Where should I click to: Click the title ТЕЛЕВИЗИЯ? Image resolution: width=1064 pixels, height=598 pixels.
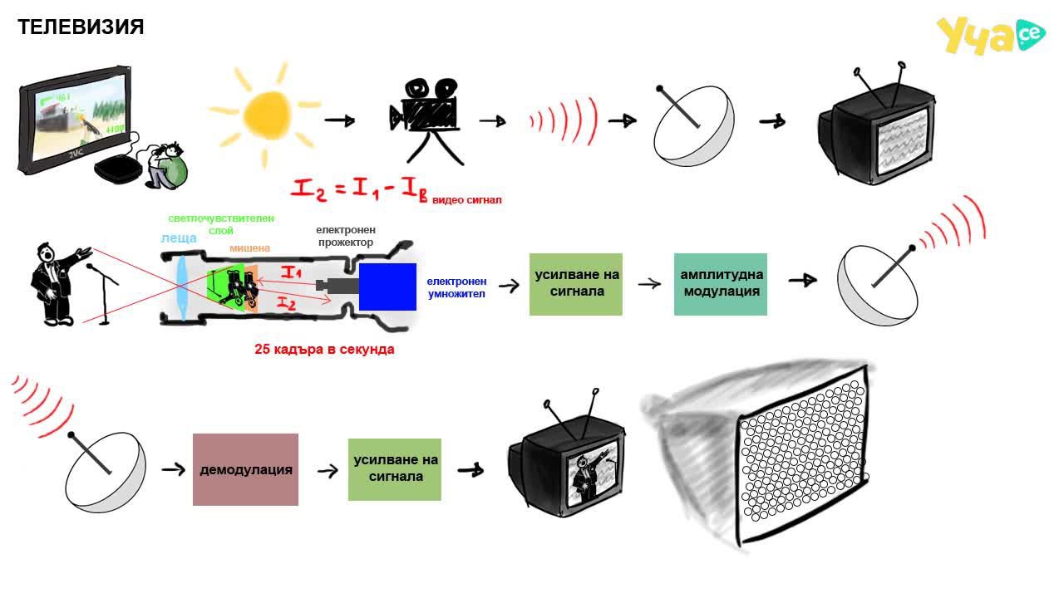point(81,27)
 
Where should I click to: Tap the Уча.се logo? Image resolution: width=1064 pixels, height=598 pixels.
point(991,35)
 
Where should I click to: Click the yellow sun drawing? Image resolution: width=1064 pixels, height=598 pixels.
point(266,115)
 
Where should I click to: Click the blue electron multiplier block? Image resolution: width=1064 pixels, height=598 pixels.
point(387,287)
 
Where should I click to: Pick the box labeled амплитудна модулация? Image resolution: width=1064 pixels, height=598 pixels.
point(721,284)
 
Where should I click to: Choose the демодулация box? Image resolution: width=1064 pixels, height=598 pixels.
point(245,469)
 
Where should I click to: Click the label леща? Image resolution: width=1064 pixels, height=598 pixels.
point(179,238)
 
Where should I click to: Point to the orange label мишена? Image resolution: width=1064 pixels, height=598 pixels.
point(250,248)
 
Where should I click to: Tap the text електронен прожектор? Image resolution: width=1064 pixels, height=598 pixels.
point(346,236)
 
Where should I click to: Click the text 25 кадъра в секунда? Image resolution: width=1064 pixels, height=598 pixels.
point(324,350)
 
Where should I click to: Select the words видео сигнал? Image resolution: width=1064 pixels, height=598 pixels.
point(467,200)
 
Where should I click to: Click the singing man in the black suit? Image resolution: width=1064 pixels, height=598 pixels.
point(57,284)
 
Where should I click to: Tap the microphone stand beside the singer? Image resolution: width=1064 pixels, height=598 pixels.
point(104,294)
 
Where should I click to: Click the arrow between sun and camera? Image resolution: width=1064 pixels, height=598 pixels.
point(340,120)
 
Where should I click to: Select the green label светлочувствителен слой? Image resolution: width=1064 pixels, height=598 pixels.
point(221,224)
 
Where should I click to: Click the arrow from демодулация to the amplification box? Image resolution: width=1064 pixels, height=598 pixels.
point(328,471)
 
